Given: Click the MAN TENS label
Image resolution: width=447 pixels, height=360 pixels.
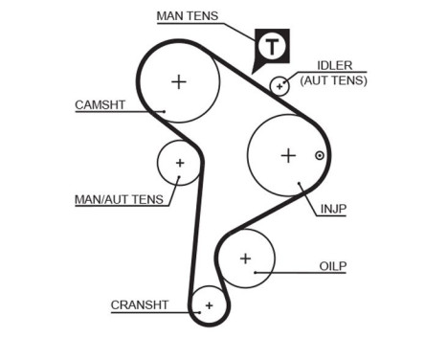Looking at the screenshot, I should [x=188, y=15].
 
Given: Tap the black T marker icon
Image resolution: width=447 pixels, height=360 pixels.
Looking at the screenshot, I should [x=272, y=46].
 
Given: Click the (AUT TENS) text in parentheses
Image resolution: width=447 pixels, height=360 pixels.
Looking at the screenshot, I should [x=333, y=80].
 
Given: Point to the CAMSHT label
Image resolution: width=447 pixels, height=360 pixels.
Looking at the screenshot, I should [x=101, y=104].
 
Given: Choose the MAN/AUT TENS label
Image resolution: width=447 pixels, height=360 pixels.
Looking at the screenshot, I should [x=119, y=200].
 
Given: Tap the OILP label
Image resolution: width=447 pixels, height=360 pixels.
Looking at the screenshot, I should [x=332, y=265].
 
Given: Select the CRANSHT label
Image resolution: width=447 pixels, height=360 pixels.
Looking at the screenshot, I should [x=139, y=304].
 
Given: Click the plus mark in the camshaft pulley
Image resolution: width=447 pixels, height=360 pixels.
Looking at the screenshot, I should [x=179, y=81].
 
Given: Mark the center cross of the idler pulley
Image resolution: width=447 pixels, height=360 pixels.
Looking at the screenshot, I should [x=279, y=86].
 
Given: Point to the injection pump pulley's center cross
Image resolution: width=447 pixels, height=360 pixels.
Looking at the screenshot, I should [x=288, y=155].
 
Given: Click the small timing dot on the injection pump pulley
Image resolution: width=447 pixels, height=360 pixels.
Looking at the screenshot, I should [x=320, y=155].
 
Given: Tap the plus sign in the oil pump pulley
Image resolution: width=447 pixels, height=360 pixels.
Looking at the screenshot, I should [x=245, y=258].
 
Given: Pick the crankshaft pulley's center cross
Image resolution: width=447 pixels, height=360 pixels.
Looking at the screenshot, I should [x=208, y=305].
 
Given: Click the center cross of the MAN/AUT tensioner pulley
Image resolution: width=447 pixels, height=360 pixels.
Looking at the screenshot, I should [x=179, y=163].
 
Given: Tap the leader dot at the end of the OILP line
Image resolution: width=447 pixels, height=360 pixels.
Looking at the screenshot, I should [x=256, y=272].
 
